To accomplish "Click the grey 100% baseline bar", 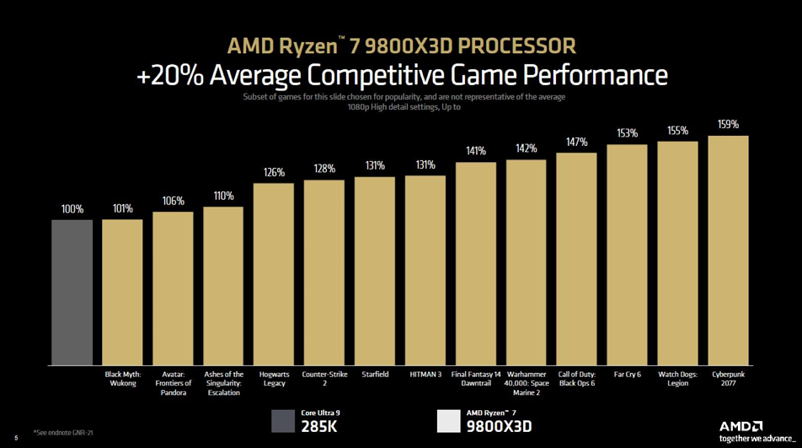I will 72,292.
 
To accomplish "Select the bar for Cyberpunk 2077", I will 728,250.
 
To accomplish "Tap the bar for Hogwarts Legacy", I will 274,273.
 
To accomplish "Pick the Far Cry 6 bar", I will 627,254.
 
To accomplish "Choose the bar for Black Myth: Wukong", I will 122,292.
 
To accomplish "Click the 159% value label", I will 728,125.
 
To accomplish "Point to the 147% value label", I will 576,143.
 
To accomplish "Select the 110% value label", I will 223,196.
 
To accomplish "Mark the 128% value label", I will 324,169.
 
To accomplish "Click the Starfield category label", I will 375,375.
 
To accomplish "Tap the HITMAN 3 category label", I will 425,375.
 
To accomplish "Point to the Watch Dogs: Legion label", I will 677,379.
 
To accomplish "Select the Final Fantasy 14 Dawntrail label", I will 476,379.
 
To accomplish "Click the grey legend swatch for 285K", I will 283,421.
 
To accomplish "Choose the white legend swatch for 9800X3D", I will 448,421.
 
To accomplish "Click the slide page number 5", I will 16,437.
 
